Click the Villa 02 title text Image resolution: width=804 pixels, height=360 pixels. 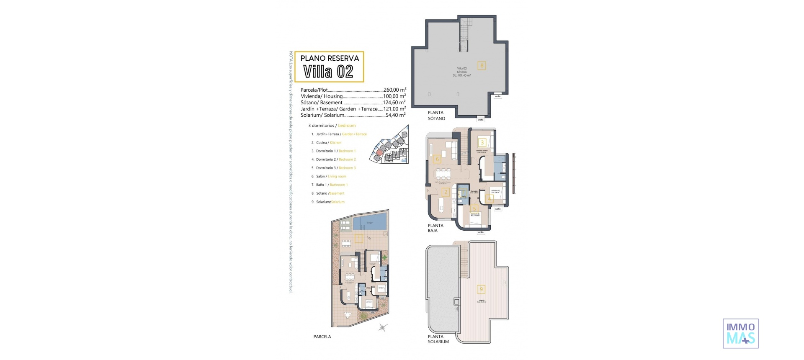point(328,72)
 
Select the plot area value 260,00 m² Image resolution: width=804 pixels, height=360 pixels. point(394,90)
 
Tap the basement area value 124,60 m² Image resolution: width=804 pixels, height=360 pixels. point(394,103)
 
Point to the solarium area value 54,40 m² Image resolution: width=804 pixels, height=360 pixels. point(395,115)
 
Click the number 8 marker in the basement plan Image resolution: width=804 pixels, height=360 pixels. point(482,65)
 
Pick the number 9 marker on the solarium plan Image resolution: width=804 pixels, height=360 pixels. point(481,289)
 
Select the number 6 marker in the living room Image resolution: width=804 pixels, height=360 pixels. point(437,159)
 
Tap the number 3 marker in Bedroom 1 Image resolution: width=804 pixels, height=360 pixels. point(482,143)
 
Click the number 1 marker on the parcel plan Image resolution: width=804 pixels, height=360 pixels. point(358,239)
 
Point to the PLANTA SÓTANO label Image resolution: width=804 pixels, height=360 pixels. point(436,116)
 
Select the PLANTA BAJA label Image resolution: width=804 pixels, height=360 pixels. point(435,228)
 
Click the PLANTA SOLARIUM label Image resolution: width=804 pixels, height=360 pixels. point(438,339)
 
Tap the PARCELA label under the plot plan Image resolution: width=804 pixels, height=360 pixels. point(322,337)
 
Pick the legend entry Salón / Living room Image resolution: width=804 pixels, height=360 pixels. point(331,177)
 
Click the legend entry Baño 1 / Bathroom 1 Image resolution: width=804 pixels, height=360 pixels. point(332,185)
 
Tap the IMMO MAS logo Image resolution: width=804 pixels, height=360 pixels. point(740,334)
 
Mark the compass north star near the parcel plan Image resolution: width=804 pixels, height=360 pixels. point(382,327)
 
